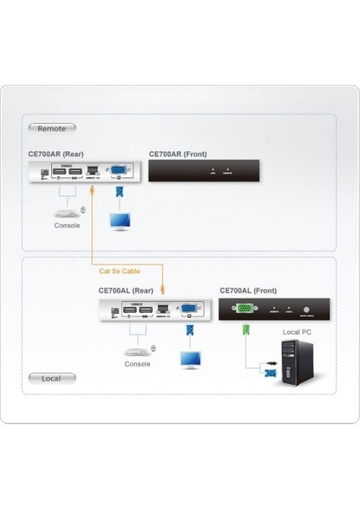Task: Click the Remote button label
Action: pyautogui.click(x=52, y=128)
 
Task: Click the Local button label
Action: pyautogui.click(x=50, y=378)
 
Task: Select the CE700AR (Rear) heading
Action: pyautogui.click(x=55, y=154)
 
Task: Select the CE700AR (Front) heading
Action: pyautogui.click(x=178, y=154)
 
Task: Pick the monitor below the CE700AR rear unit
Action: pyautogui.click(x=121, y=222)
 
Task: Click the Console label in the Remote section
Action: pyautogui.click(x=67, y=226)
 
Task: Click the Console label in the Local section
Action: pyautogui.click(x=137, y=364)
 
